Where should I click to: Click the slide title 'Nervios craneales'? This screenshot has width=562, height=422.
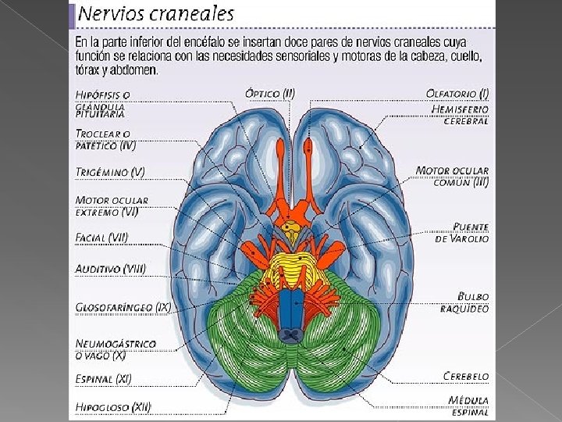[156, 13]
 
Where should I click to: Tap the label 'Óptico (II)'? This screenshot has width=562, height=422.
[270, 94]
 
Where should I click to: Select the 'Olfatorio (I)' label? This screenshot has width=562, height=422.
[457, 94]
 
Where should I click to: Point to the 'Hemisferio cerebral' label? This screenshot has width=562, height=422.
[461, 115]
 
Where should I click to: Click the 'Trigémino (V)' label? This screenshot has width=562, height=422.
[110, 172]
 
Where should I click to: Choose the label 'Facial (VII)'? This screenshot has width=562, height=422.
[102, 237]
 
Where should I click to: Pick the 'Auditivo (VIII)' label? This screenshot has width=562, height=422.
[110, 269]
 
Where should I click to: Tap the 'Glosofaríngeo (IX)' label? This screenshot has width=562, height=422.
[123, 306]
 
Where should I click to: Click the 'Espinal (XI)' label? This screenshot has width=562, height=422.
[104, 379]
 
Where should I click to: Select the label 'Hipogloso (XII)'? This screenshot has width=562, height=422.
[113, 406]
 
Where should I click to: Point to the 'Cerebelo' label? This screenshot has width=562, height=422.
[466, 376]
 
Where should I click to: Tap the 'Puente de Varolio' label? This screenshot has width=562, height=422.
[462, 232]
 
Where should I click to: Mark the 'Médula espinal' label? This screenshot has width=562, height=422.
[468, 406]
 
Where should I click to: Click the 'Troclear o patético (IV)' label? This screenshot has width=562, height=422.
[106, 139]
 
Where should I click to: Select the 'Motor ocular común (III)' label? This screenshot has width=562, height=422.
[453, 176]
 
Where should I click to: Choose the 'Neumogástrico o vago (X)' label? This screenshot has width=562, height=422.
[115, 349]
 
